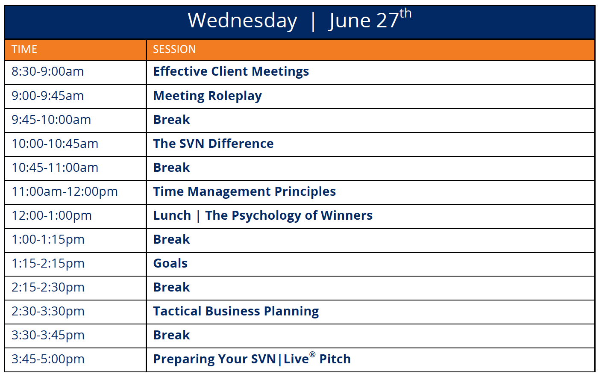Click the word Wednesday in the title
coord(242,21)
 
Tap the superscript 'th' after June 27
coord(405,13)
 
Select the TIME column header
coord(24,50)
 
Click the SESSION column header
coord(174,50)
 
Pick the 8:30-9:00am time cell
coord(47,72)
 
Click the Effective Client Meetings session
coord(231,72)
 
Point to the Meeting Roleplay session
coord(208,96)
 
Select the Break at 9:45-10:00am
coord(171,120)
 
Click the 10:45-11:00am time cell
coord(55,168)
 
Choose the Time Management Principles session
coord(244,192)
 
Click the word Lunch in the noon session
coord(172,216)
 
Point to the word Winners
coord(346,216)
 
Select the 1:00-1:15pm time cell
coord(48,240)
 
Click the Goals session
coord(170,264)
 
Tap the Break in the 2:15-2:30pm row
coord(171,287)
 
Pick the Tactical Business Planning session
coord(236,312)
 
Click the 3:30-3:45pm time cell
coord(48,335)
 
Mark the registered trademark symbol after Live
coord(312,354)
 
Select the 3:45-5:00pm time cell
coord(48,359)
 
